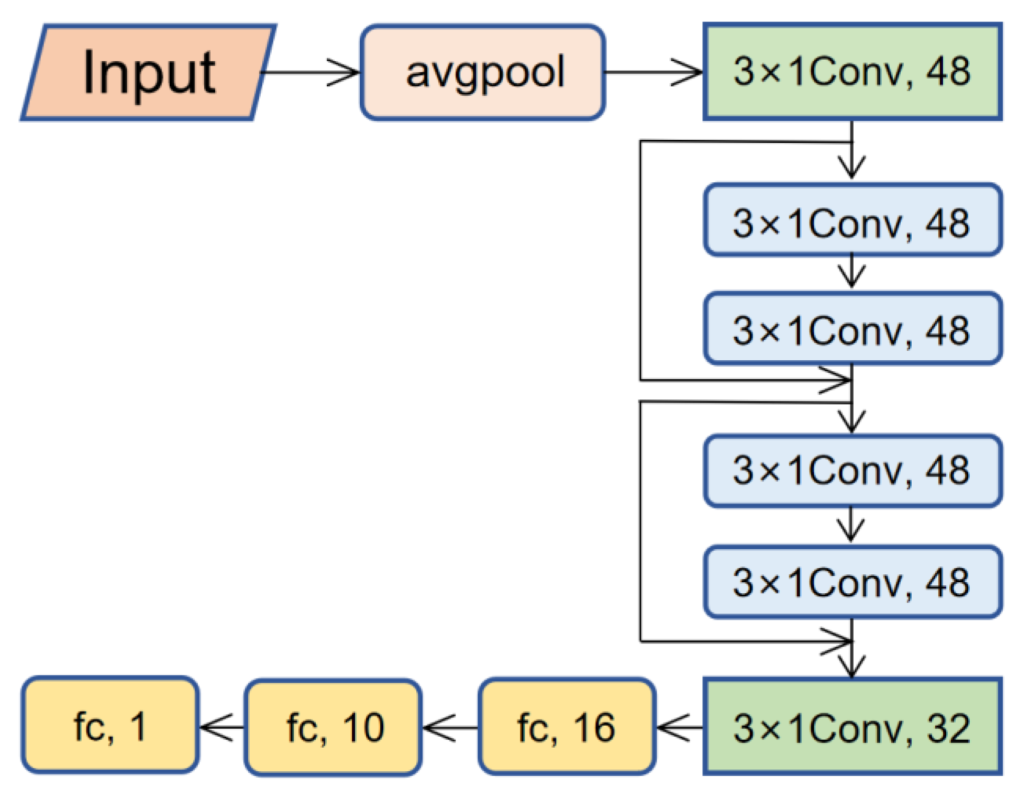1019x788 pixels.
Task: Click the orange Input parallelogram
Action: click(148, 72)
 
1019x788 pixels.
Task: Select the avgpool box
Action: click(483, 72)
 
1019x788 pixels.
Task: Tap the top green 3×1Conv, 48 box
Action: click(852, 72)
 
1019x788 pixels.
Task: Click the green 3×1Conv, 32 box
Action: click(852, 727)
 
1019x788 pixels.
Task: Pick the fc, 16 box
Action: click(567, 727)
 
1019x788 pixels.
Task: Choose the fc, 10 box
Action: click(334, 727)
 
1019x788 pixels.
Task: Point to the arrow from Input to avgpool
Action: click(312, 72)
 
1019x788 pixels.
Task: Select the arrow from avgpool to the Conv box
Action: click(655, 72)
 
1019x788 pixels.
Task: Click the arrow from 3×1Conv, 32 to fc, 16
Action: click(680, 727)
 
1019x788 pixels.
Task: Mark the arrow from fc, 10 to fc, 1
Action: click(222, 727)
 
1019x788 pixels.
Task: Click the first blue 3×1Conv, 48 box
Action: click(852, 220)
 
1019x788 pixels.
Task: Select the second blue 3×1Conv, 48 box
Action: click(852, 329)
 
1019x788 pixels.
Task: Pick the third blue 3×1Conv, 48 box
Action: click(852, 471)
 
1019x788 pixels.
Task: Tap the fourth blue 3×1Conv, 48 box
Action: click(852, 582)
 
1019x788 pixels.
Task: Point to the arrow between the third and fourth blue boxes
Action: click(852, 525)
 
